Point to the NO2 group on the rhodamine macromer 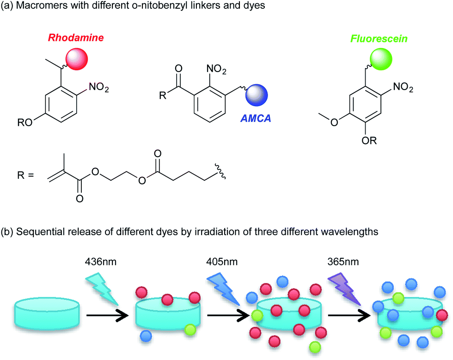coord(100,88)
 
